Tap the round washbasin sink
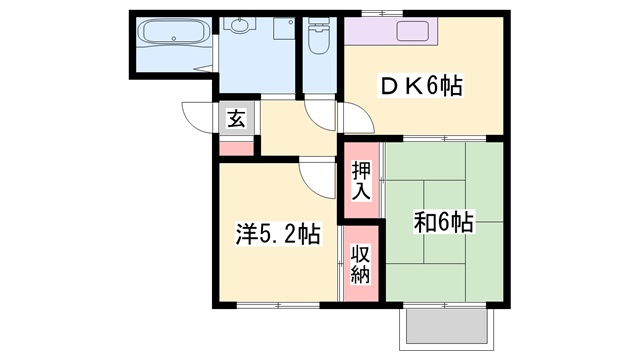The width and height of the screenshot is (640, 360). tap(238, 25)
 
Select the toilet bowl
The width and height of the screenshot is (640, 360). tap(318, 36)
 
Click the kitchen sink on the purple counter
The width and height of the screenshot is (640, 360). tap(413, 31)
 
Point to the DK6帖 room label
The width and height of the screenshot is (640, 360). tap(420, 86)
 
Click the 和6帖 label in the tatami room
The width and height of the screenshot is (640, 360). tap(443, 222)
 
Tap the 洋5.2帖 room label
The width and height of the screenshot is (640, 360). tap(278, 233)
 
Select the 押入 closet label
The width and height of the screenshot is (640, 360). tap(362, 181)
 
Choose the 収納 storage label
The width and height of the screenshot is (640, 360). tap(361, 264)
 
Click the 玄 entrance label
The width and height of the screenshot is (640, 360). tap(237, 118)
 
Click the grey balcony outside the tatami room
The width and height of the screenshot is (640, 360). tap(447, 327)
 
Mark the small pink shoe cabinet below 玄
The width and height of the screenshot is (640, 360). tap(237, 148)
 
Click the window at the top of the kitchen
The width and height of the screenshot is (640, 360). tap(382, 13)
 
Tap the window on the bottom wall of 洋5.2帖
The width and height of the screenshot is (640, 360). tap(278, 305)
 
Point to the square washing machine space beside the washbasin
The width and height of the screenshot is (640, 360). tap(284, 29)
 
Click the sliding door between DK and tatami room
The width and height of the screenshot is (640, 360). tap(445, 139)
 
